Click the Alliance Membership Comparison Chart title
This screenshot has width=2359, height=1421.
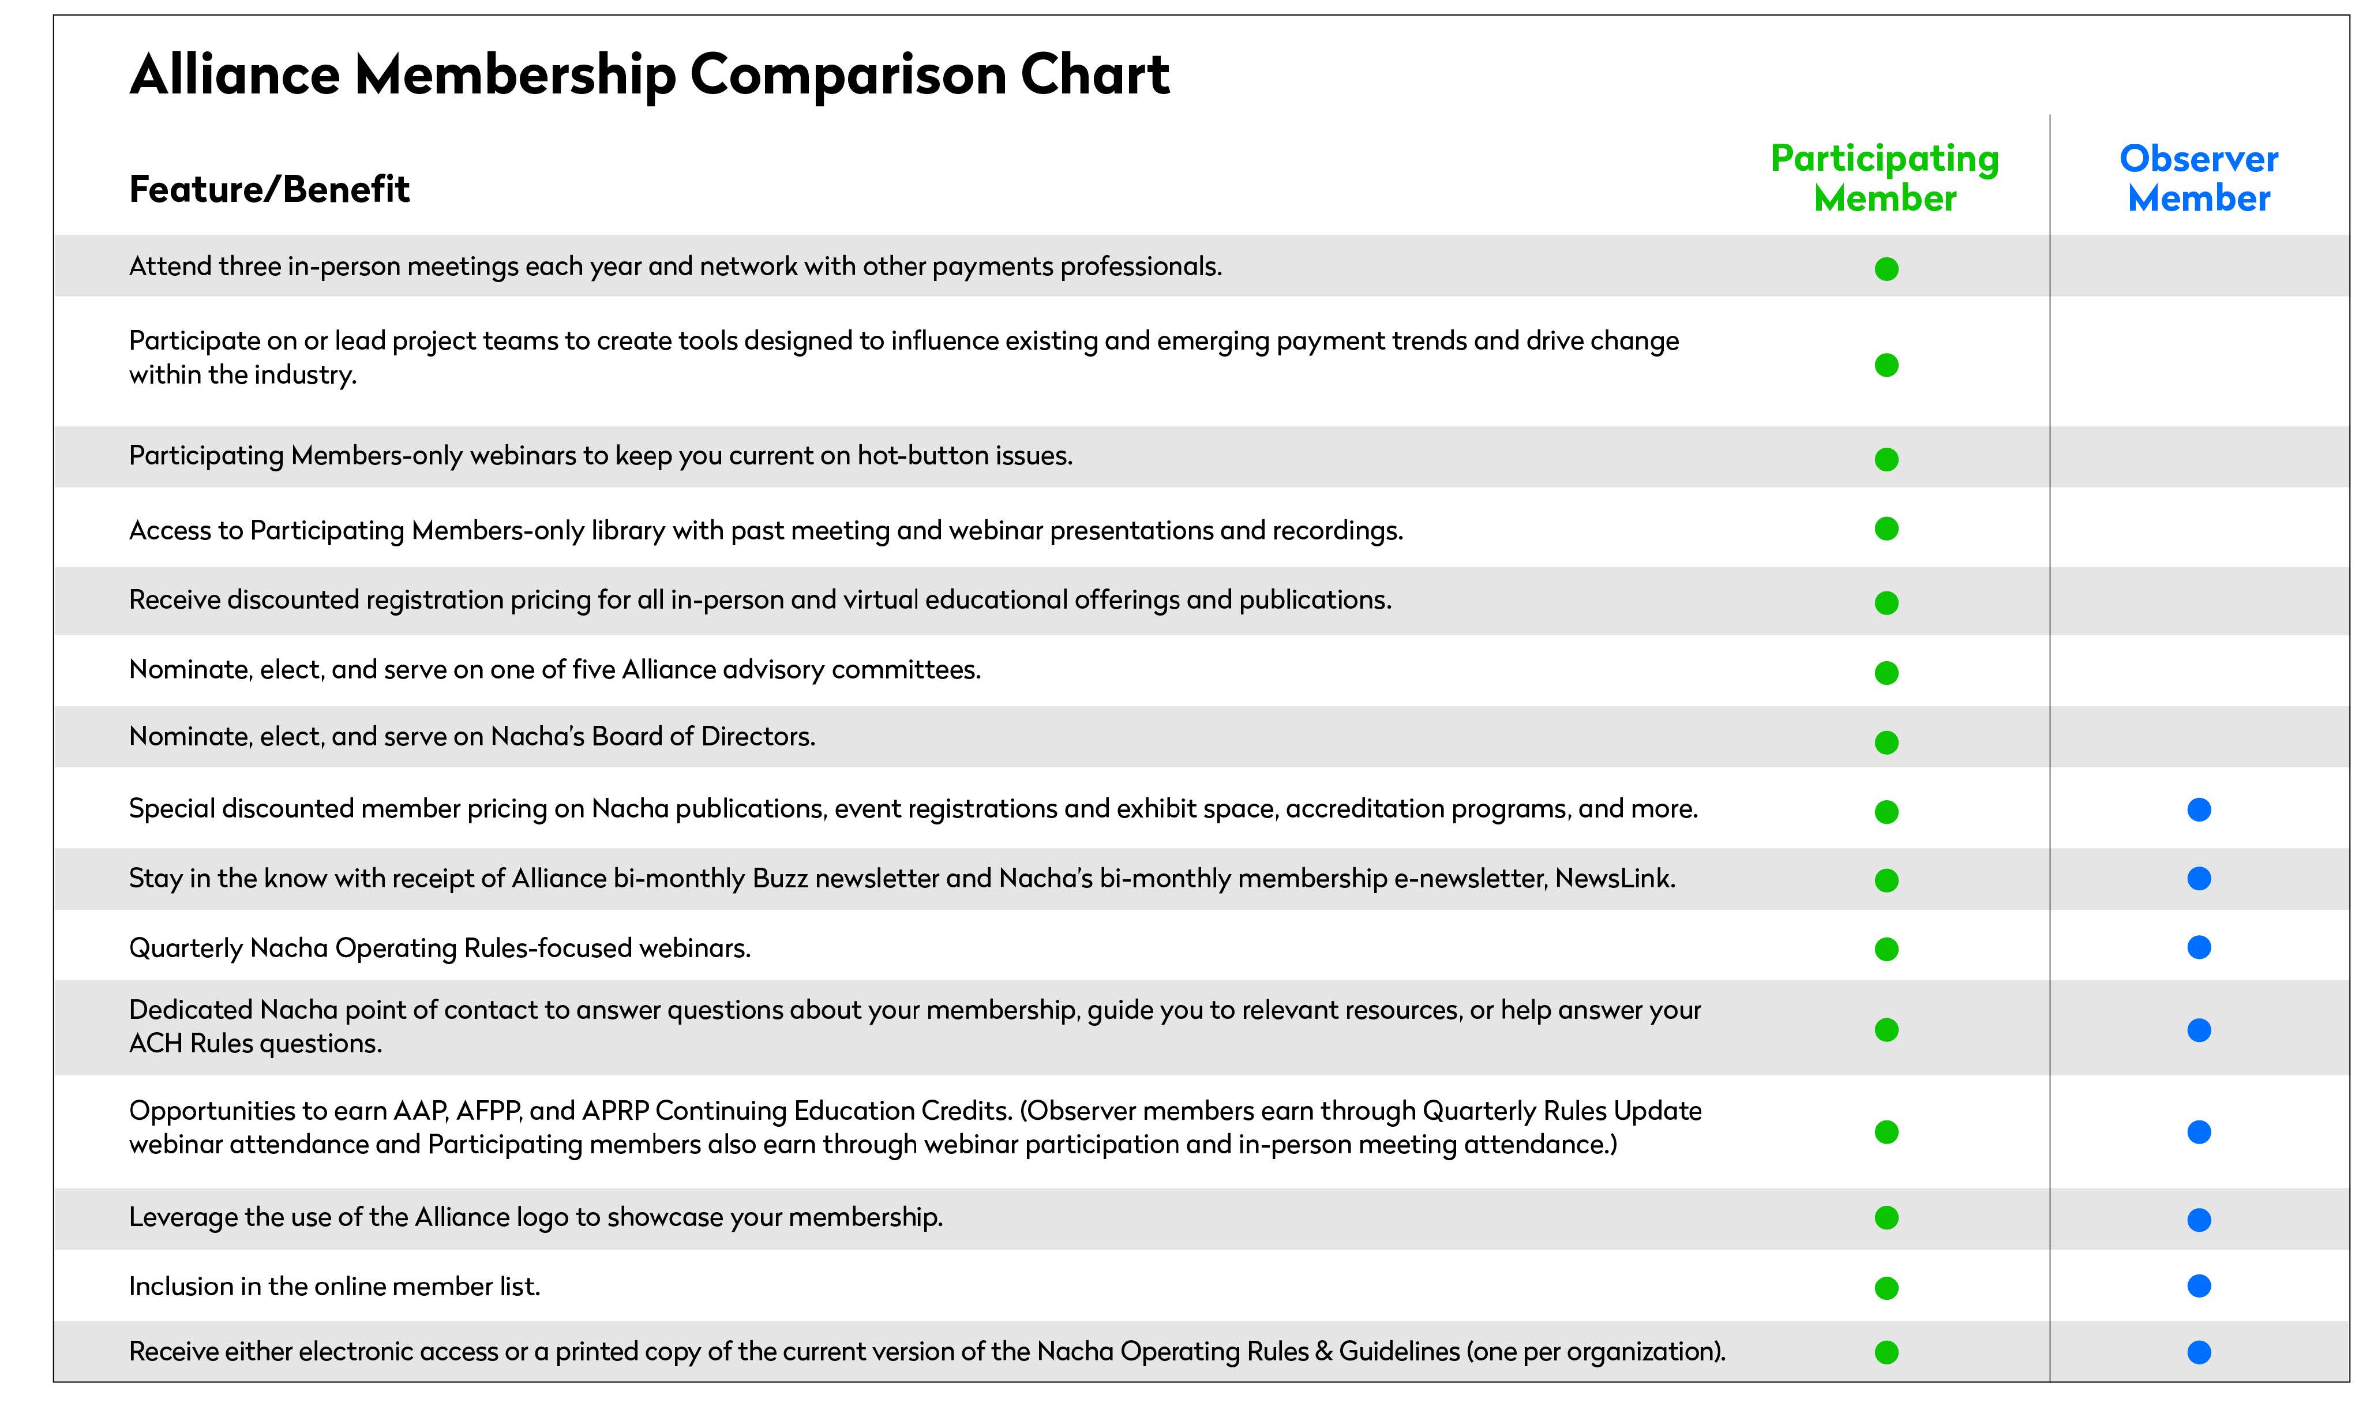[x=649, y=74]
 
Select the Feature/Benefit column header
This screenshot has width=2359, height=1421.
[x=269, y=190]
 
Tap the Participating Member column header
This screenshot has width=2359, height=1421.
[x=1884, y=178]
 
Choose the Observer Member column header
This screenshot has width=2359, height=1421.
[x=2198, y=178]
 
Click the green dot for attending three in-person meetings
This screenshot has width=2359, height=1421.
[x=1886, y=269]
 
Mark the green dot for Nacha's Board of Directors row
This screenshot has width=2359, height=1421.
[x=1886, y=742]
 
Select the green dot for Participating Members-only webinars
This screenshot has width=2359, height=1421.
[x=1886, y=460]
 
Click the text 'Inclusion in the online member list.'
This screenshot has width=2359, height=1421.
[x=334, y=1286]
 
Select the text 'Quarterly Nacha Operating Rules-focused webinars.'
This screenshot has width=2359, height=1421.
[x=440, y=948]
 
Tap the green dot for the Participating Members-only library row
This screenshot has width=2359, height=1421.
[x=1886, y=528]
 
